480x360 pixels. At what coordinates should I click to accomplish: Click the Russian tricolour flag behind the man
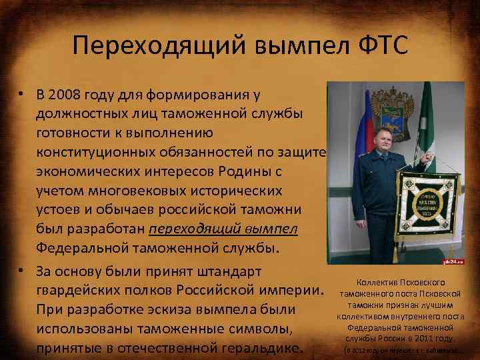pyautogui.click(x=346, y=133)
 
